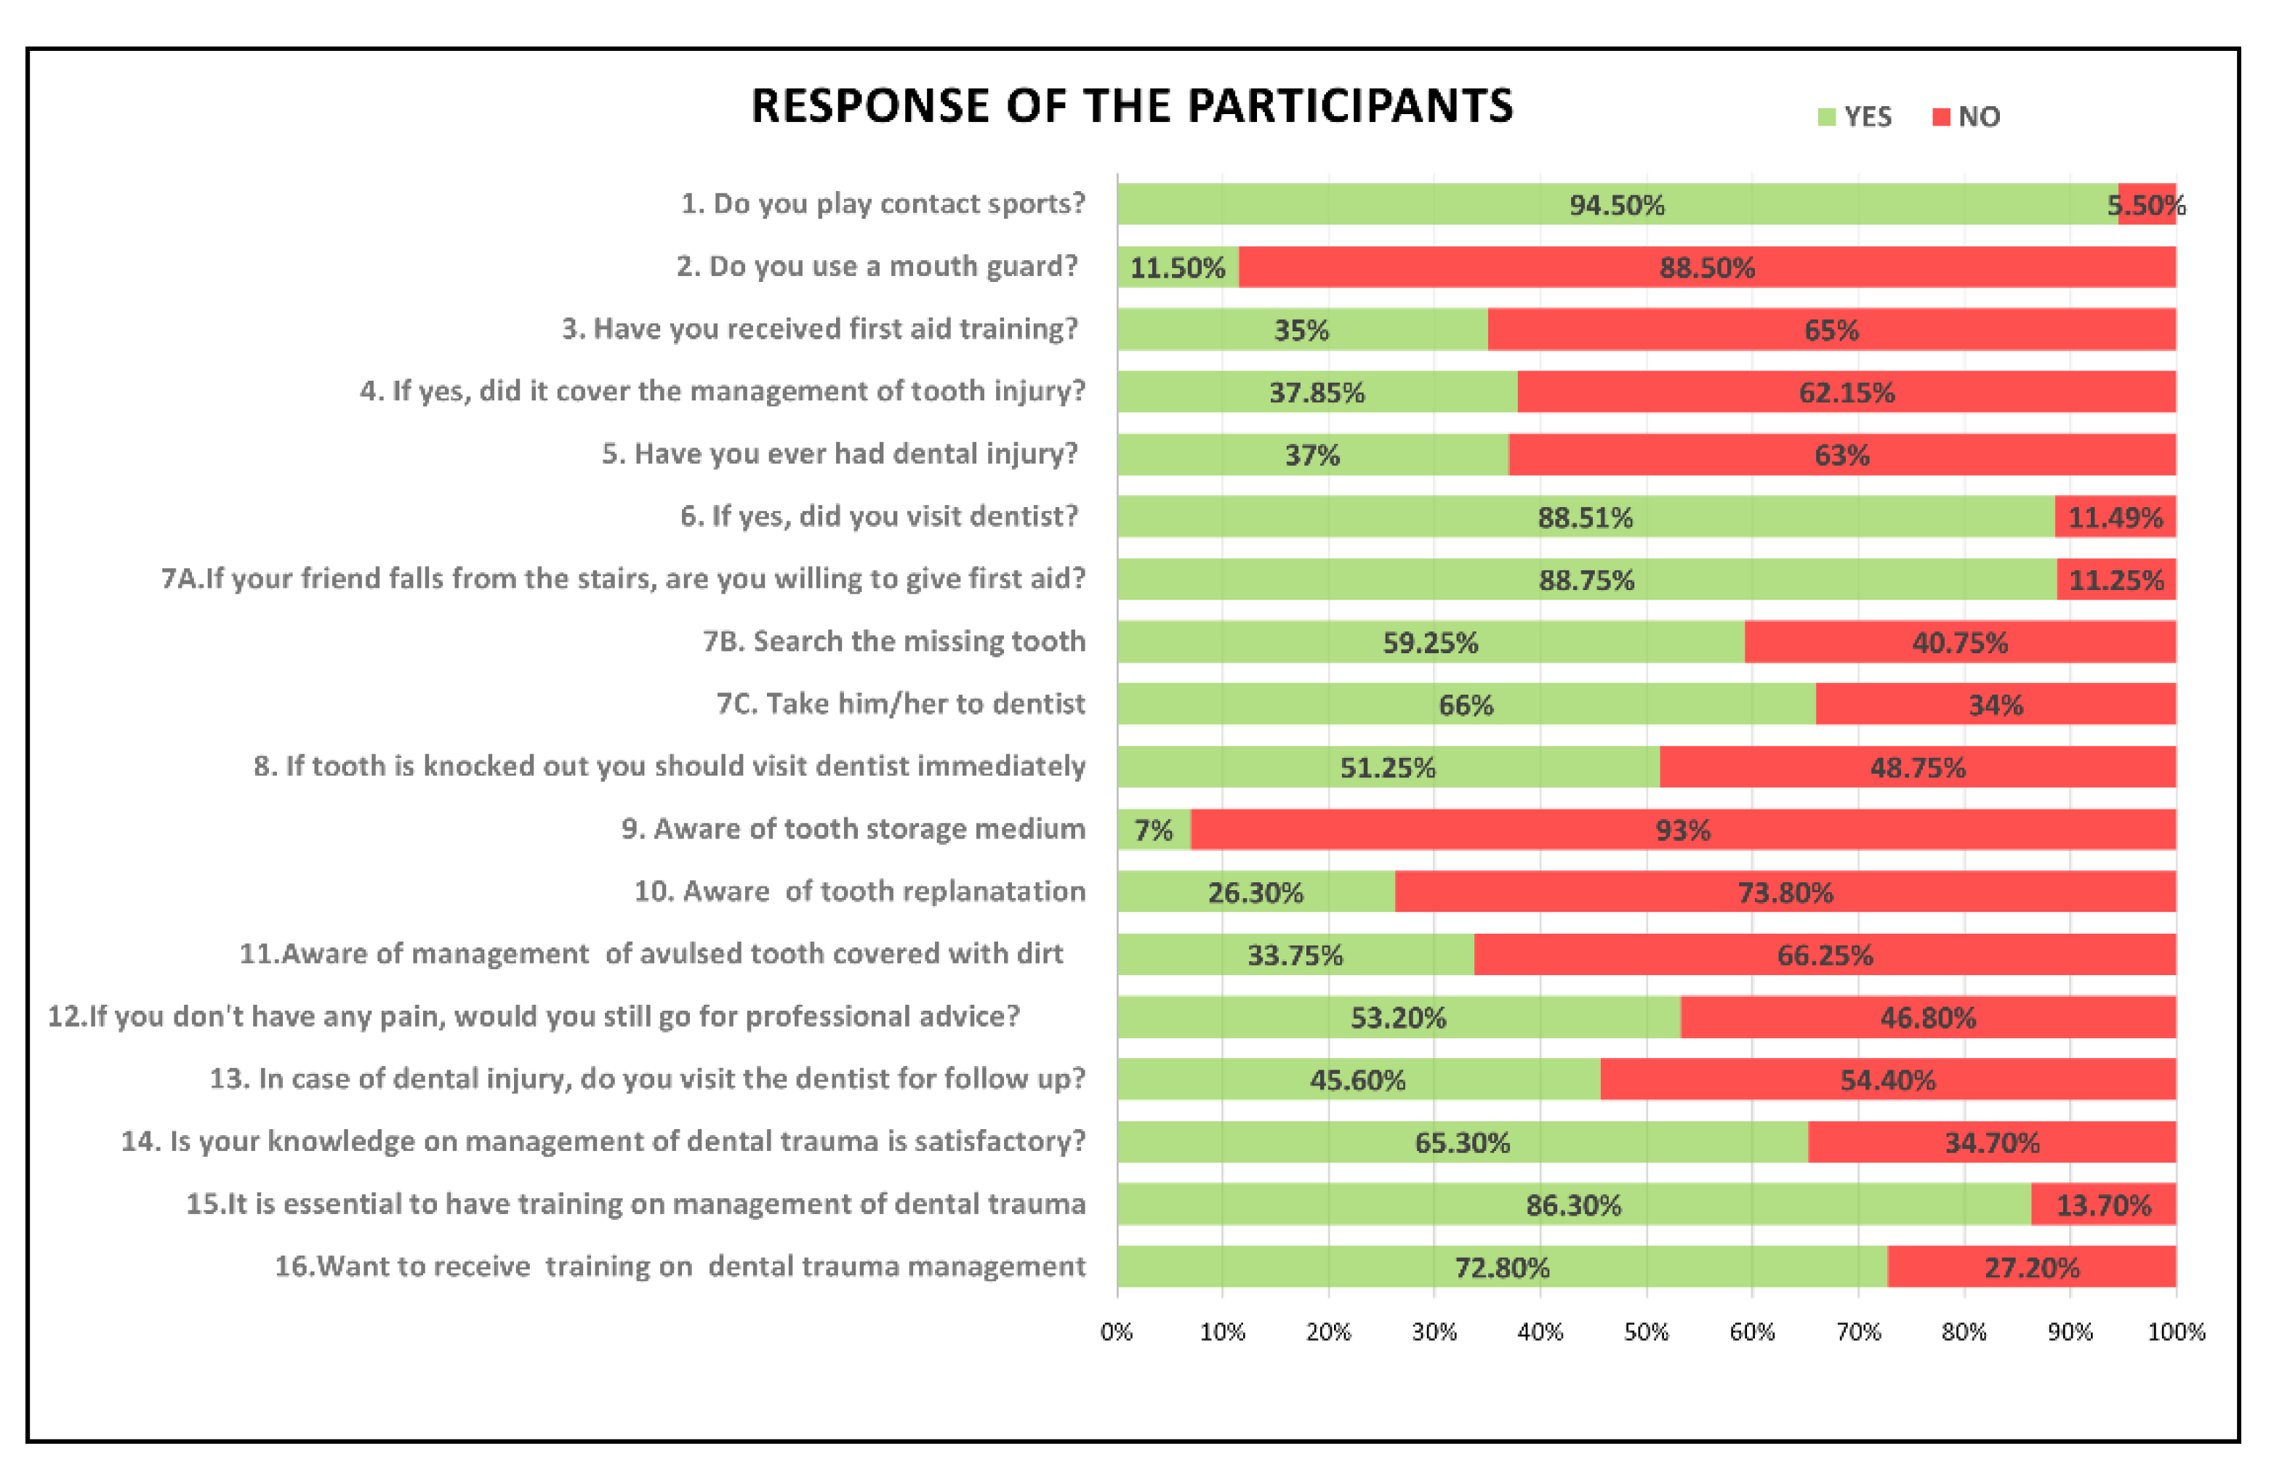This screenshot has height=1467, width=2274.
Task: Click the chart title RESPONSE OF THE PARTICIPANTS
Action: [1131, 106]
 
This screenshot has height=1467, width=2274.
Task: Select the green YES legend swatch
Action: [1826, 117]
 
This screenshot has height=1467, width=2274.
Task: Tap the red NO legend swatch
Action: [1940, 117]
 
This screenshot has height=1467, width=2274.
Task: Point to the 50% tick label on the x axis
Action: [1646, 1332]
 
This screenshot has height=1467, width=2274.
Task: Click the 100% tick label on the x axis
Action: [2176, 1332]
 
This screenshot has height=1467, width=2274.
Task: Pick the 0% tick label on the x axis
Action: [1117, 1332]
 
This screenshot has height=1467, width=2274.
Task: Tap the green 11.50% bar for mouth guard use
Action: [1178, 267]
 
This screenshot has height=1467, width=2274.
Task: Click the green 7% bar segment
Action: [1153, 830]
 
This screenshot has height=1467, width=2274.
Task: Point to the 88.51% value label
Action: [1585, 517]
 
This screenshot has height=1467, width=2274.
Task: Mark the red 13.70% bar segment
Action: [2103, 1205]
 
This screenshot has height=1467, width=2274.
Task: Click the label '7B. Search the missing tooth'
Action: [894, 641]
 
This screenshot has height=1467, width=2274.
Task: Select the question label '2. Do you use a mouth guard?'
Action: [877, 266]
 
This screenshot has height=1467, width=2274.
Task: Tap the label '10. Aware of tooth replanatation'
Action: [860, 892]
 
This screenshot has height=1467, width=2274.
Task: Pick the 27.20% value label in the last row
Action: [2031, 1268]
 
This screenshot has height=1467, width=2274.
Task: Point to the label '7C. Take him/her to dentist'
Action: [901, 704]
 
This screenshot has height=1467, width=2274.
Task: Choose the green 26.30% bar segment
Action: [1255, 892]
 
